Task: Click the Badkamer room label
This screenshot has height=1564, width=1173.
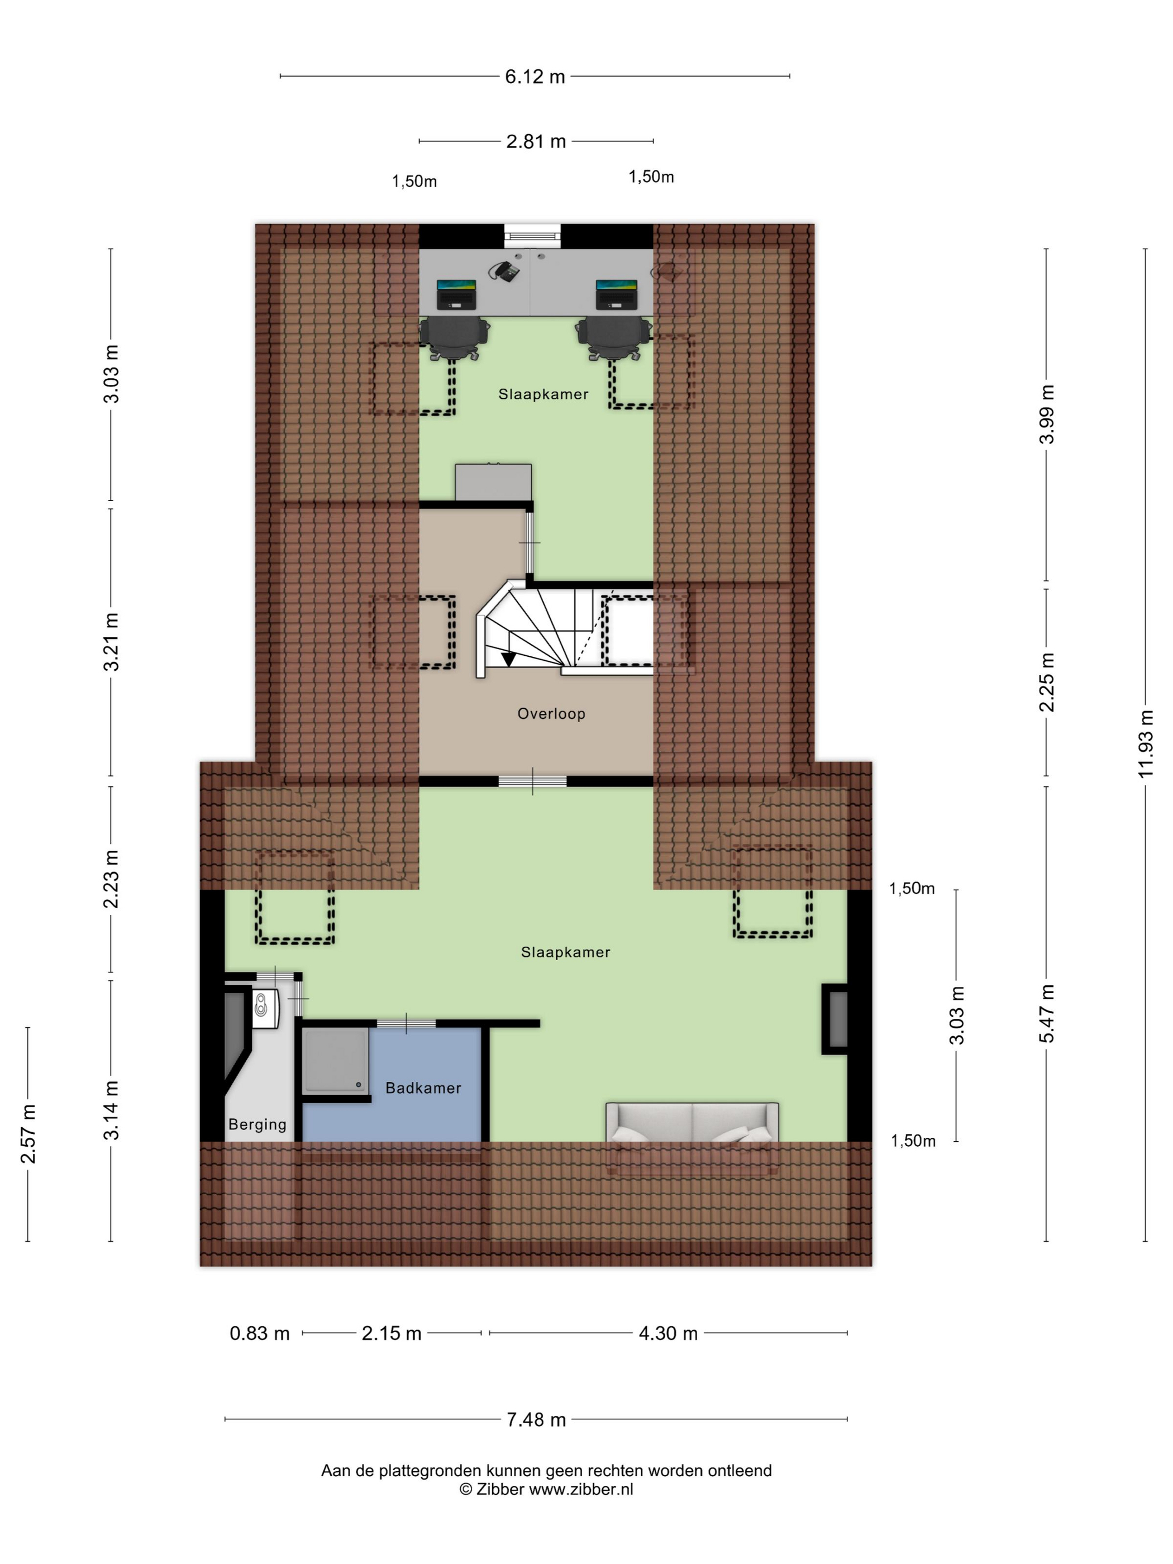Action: (423, 1088)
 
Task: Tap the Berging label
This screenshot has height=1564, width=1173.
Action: (258, 1125)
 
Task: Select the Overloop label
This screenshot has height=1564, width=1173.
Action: (551, 714)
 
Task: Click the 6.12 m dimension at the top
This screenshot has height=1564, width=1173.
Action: (535, 77)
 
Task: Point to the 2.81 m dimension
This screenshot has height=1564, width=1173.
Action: (536, 141)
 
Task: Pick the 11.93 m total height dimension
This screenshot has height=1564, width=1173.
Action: (1146, 744)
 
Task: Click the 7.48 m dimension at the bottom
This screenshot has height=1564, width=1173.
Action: (536, 1420)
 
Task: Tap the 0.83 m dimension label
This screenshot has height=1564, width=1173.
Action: (260, 1333)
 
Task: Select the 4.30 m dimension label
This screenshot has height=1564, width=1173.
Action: (668, 1333)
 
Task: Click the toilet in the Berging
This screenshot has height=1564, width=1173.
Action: (266, 1008)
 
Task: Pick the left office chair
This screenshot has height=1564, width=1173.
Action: (455, 338)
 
